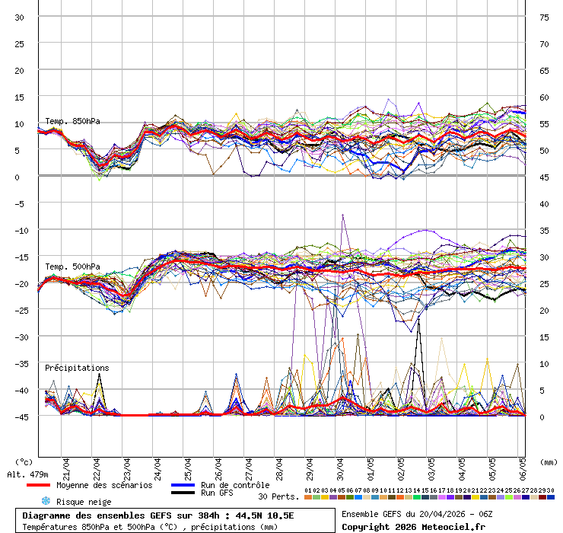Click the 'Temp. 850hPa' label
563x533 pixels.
coord(72,122)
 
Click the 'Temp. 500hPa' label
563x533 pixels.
coord(72,266)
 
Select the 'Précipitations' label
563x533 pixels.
coord(76,368)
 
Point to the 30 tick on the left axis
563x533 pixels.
coord(21,18)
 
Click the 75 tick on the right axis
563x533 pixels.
coord(544,18)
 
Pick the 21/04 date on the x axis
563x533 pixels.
coord(67,464)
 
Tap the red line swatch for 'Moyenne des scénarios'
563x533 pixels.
coord(38,485)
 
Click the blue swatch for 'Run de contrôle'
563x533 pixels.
coord(183,485)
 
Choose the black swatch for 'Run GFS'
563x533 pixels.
coord(183,493)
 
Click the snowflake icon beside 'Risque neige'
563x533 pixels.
coord(46,501)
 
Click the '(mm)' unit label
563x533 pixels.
coord(549,461)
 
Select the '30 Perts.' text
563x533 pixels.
coord(278,496)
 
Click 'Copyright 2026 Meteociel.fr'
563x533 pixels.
coord(413,527)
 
